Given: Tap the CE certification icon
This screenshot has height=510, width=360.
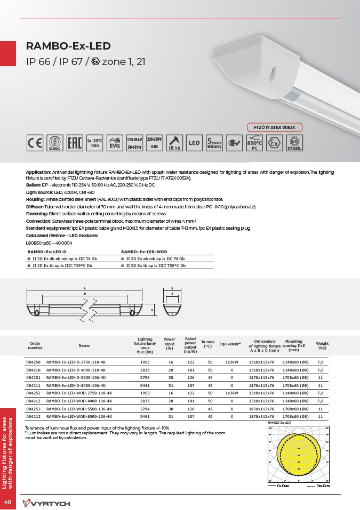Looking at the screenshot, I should (x=35, y=143).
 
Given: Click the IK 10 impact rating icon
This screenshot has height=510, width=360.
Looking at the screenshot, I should (x=174, y=143).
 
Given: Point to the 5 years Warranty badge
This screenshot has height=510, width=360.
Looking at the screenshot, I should (x=214, y=143).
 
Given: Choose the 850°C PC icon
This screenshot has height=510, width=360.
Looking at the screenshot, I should (x=254, y=143).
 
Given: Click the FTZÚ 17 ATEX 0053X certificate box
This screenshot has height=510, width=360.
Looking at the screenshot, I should (x=275, y=127).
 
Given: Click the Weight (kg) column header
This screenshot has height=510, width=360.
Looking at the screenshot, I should (x=322, y=345).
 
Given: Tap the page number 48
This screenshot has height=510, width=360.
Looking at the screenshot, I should (x=8, y=503).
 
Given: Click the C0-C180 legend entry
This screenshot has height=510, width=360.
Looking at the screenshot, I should (x=282, y=487).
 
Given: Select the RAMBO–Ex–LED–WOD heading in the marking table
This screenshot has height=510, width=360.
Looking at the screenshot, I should (x=145, y=250).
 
